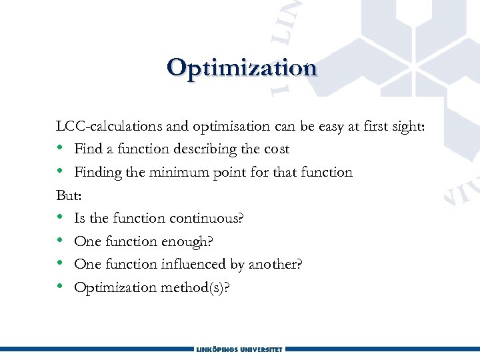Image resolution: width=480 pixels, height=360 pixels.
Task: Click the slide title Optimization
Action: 241,68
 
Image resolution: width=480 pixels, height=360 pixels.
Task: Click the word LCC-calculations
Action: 101,126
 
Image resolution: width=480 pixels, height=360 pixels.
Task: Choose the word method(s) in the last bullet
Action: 199,287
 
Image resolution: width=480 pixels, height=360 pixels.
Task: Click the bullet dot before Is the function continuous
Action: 61,218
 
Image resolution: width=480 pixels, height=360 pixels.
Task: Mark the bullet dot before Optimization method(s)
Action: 61,287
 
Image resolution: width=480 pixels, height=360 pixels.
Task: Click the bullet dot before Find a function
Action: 61,149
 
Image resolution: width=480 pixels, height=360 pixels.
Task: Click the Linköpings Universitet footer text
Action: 240,349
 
